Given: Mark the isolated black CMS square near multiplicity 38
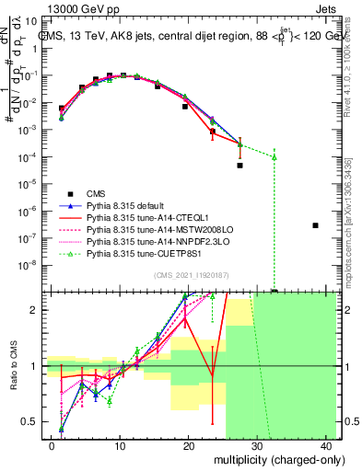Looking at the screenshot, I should [316, 225].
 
